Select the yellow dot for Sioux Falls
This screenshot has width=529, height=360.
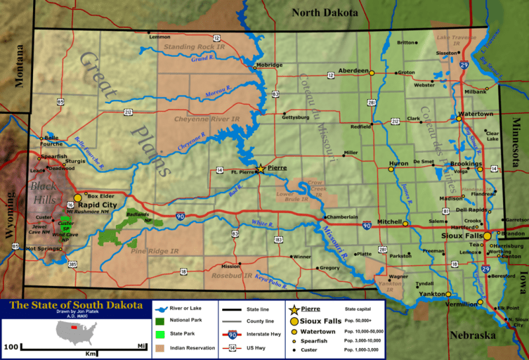[487, 236]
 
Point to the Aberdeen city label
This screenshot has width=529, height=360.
[352, 70]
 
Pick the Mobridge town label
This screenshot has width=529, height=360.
[269, 66]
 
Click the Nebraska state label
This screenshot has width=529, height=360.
[472, 336]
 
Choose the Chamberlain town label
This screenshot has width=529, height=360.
[341, 216]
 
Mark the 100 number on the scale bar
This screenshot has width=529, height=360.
[11, 346]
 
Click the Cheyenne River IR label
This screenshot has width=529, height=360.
[206, 119]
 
